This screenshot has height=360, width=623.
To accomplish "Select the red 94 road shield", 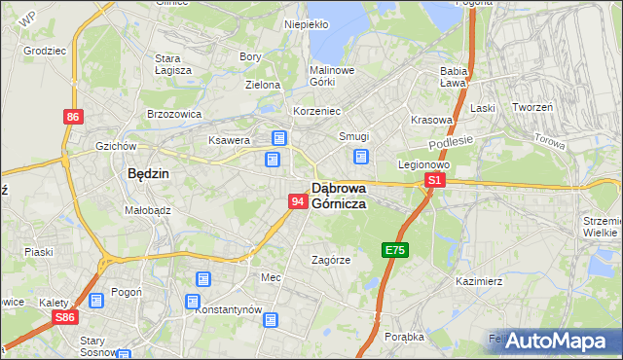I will [x=299, y=201].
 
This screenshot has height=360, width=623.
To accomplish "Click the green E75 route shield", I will [x=394, y=250].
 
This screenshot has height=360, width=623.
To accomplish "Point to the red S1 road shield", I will [x=436, y=180].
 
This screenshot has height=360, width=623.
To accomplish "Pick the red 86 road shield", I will [x=73, y=117].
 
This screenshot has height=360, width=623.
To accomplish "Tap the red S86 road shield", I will [x=65, y=318].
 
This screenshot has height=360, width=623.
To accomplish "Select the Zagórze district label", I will [x=330, y=260].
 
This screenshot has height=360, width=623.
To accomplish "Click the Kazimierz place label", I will [x=478, y=281].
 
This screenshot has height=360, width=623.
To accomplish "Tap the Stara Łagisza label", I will [x=173, y=63].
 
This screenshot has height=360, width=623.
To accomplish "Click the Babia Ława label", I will [x=454, y=77].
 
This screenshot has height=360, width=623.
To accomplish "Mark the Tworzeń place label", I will [x=532, y=107].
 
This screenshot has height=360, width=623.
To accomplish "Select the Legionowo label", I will [x=422, y=164].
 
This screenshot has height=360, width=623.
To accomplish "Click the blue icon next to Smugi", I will [x=361, y=156].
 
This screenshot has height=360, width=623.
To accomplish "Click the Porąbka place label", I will [x=404, y=337].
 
